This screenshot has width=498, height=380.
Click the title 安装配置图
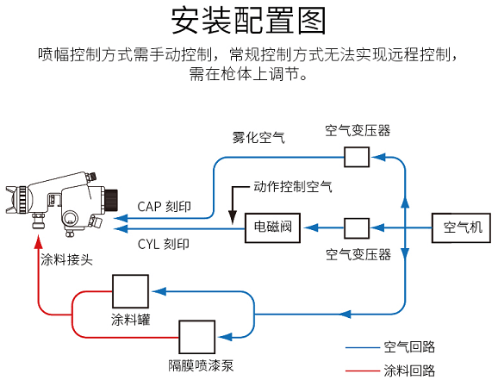pos(249,21)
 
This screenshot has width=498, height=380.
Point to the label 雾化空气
pos(258,138)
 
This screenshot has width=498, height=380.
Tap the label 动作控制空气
pos(293,186)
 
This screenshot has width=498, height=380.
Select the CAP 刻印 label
pos(164,207)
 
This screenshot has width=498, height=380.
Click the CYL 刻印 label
pos(163,244)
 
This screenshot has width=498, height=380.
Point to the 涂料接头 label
pos(66,260)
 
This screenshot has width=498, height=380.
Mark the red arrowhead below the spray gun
pos(39,241)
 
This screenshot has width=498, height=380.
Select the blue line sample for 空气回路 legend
pos(363,347)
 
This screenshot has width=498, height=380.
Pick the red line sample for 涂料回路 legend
pos(363,371)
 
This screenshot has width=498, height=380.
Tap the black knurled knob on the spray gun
pos(111,200)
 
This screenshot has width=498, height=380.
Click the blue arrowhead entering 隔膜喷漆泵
pos(226,337)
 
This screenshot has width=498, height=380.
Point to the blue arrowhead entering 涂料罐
pos(159,291)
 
